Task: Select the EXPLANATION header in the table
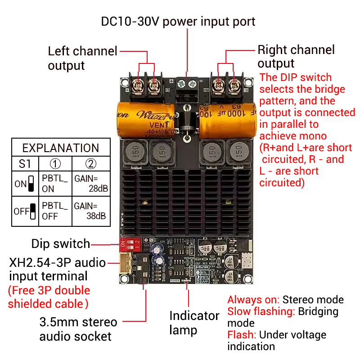click(61, 148)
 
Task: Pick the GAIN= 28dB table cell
click(91, 183)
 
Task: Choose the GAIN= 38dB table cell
click(91, 211)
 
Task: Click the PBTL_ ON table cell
click(55, 183)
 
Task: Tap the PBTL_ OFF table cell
click(55, 211)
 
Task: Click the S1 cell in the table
click(25, 163)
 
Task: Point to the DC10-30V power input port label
click(178, 22)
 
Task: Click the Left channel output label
click(82, 58)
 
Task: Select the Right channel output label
click(296, 56)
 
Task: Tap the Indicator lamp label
click(194, 323)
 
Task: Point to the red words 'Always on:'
click(254, 300)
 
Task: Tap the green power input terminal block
click(187, 85)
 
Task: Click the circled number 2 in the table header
click(91, 163)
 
